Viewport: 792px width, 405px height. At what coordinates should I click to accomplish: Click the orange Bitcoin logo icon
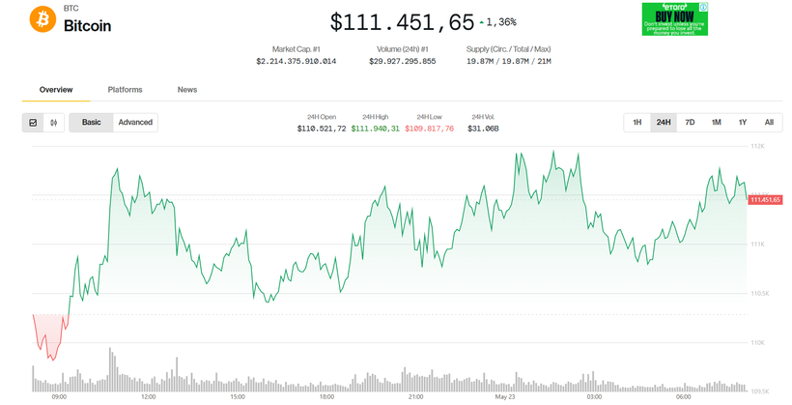click(x=42, y=19)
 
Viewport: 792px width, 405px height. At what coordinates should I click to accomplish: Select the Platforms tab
click(x=125, y=90)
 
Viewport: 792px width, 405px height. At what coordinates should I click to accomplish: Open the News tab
click(x=187, y=90)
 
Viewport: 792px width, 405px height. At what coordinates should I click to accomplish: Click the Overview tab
click(x=56, y=90)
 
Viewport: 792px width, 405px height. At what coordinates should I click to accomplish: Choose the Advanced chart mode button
click(x=135, y=123)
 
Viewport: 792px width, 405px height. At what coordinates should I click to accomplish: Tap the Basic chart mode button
click(x=91, y=123)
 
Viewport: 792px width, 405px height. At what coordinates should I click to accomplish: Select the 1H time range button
click(x=637, y=123)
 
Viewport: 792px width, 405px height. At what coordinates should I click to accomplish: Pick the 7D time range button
click(x=690, y=123)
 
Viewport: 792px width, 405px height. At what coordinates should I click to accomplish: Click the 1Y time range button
click(x=743, y=123)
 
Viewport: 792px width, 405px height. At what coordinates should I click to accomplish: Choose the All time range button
click(x=769, y=123)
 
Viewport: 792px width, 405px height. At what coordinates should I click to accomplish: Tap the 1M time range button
click(x=717, y=123)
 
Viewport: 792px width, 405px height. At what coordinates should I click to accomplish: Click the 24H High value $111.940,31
click(x=375, y=129)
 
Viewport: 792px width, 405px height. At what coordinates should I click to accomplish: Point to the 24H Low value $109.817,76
click(x=429, y=129)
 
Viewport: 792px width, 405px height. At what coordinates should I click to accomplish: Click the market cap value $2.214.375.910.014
click(x=296, y=61)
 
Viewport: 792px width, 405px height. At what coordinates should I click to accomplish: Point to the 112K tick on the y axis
click(x=757, y=146)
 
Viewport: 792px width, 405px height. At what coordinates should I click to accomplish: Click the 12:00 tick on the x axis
click(x=148, y=396)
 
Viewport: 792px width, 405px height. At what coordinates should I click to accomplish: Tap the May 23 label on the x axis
click(x=505, y=396)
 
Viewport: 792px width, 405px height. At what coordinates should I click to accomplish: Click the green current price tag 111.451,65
click(x=765, y=199)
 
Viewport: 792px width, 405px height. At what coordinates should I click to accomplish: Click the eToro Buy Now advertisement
click(x=675, y=19)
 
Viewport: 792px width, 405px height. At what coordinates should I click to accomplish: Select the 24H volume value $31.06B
click(x=483, y=129)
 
